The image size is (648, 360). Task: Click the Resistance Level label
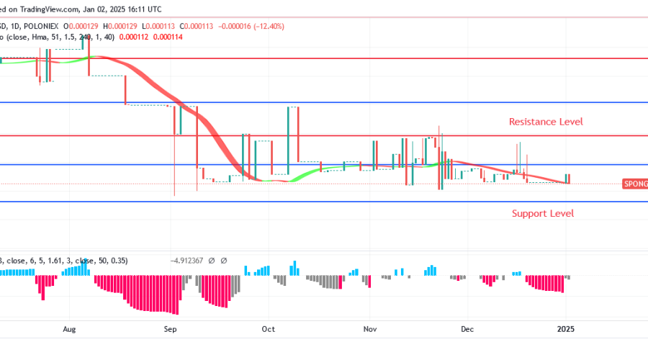click(546, 122)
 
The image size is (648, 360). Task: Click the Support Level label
click(543, 213)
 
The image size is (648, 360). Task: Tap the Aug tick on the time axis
click(69, 330)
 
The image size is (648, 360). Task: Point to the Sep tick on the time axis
click(170, 330)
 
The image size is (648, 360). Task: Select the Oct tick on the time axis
click(269, 330)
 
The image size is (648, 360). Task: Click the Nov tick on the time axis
click(370, 330)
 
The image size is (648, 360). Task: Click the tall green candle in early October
click(292, 137)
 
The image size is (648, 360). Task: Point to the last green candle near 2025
click(568, 179)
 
